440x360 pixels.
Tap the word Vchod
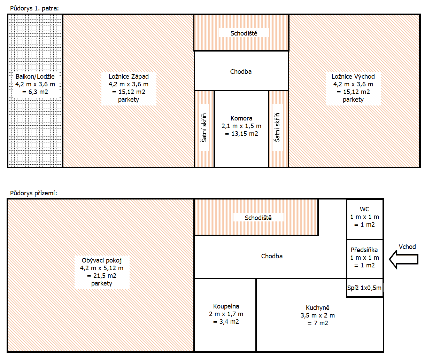point(407,247)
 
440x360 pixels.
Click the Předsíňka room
point(364,258)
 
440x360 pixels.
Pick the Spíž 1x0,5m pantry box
point(364,288)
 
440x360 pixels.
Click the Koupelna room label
point(226,306)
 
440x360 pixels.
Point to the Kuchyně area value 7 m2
point(318,323)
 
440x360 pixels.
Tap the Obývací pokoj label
point(102,260)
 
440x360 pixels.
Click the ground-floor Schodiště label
point(258,218)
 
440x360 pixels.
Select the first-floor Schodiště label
point(244,33)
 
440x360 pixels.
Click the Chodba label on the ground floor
point(272,256)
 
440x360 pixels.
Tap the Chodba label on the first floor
point(241,72)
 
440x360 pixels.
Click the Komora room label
point(241,118)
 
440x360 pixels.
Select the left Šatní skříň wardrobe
point(204,128)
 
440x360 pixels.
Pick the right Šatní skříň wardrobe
point(277,127)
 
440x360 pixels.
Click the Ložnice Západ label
point(129,77)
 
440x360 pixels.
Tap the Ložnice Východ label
point(353,77)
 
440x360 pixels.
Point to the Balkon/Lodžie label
point(35,77)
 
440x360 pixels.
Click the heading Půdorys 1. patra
point(34,8)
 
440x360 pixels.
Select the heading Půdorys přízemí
point(33,193)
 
